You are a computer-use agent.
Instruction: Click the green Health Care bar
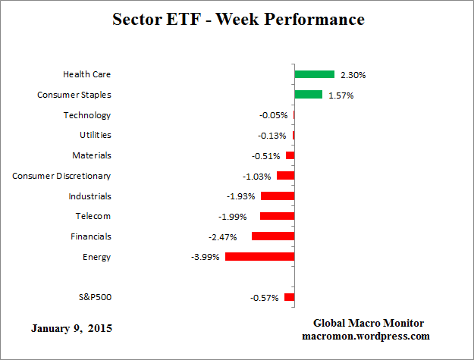tap(314, 74)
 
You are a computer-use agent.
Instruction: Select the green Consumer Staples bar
tap(308, 95)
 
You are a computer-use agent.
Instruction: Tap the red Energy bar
tap(259, 257)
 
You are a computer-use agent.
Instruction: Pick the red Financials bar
tap(272, 236)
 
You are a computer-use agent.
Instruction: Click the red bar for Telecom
tap(277, 216)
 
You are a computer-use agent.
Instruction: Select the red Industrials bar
tap(277, 196)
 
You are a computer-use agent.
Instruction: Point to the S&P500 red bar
tap(289, 298)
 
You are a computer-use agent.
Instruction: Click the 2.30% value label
tap(353, 75)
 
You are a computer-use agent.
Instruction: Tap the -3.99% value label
tap(206, 257)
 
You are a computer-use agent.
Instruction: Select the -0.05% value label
tap(273, 115)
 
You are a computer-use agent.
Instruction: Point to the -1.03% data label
tap(257, 176)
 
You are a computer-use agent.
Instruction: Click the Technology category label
tap(87, 115)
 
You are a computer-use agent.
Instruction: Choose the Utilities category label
tap(95, 135)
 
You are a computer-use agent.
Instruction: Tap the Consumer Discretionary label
tap(61, 176)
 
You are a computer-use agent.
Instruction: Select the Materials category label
tap(92, 155)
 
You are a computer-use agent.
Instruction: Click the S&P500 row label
tap(95, 297)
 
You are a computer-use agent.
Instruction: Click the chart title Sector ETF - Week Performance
tap(237, 19)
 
